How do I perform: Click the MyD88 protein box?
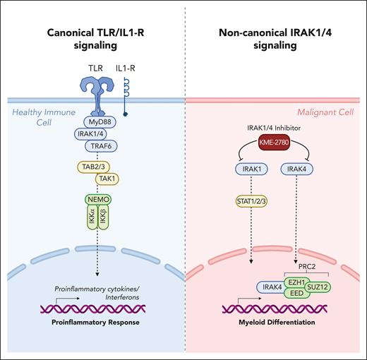tap(93, 120)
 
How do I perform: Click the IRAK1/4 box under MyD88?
tap(92, 132)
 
